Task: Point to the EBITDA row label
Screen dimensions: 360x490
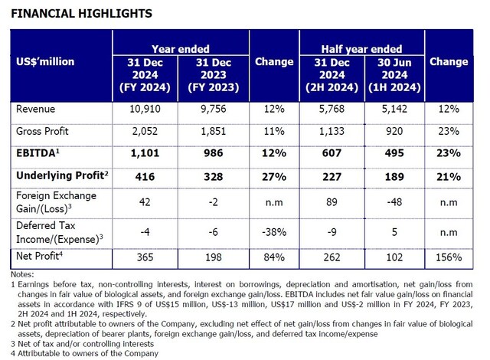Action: (x=38, y=153)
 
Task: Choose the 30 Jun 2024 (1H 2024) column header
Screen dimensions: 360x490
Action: (x=397, y=74)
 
